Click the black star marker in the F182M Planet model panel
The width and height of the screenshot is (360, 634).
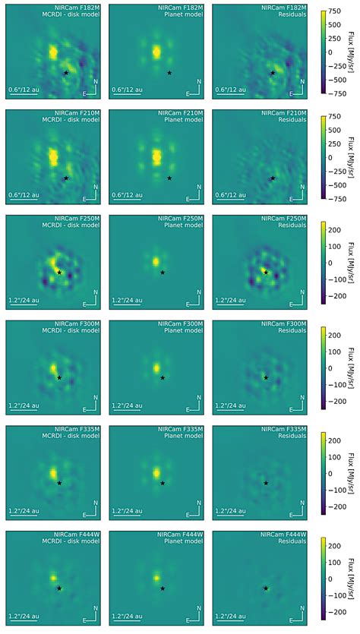click(x=169, y=73)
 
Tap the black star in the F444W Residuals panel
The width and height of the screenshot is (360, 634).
click(x=266, y=588)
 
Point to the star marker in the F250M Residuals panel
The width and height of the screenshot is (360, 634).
click(x=266, y=272)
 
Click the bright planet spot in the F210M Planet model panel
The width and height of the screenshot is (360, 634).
click(x=156, y=156)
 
